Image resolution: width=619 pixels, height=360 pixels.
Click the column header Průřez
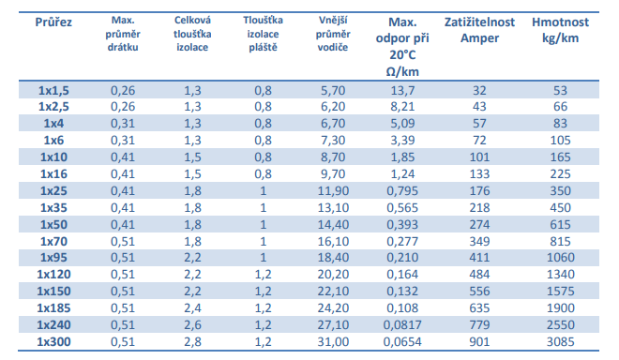[53, 22]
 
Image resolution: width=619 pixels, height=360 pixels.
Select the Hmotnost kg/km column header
[560, 30]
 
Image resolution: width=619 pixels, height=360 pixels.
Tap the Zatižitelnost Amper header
[479, 30]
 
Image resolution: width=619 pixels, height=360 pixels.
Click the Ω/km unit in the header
[402, 71]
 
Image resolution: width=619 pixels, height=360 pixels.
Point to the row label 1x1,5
[53, 90]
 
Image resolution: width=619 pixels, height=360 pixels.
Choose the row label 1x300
[53, 341]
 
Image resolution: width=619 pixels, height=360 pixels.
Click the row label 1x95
[53, 258]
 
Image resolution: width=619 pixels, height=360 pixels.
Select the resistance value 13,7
[402, 90]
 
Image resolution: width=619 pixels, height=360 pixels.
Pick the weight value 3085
[560, 341]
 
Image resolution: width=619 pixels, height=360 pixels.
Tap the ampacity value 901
[479, 341]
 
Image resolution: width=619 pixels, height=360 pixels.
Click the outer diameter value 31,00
[333, 341]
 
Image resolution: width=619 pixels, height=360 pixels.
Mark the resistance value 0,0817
[402, 325]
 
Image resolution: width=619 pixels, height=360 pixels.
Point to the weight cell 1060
[560, 258]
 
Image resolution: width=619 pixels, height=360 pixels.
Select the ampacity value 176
[479, 190]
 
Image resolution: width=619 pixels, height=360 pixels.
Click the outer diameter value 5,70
[333, 90]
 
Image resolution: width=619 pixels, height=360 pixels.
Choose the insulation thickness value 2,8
[192, 341]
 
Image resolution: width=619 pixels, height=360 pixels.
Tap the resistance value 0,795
[402, 190]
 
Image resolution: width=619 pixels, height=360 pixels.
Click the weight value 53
[560, 90]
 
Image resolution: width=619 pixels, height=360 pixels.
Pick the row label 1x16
[53, 173]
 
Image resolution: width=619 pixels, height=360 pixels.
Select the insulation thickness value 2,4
[192, 307]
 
